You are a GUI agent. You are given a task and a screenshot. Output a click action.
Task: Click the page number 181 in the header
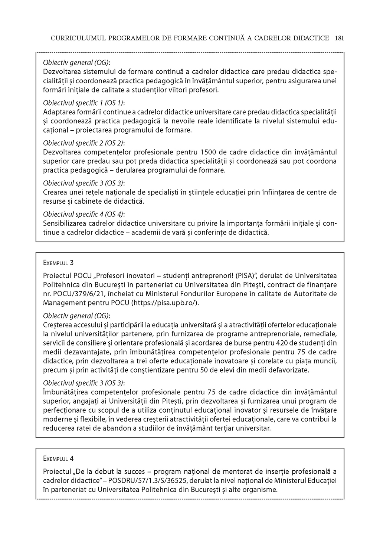[339, 38]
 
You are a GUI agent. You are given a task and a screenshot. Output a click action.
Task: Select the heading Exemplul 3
[58, 263]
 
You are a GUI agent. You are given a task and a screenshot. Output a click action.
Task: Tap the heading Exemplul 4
[58, 458]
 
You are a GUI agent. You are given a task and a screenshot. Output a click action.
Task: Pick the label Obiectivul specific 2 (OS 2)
[84, 143]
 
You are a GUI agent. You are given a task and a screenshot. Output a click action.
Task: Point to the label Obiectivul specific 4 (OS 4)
[84, 214]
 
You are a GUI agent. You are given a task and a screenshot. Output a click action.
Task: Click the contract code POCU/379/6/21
[76, 294]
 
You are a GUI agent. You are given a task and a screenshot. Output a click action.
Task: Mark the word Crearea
[55, 192]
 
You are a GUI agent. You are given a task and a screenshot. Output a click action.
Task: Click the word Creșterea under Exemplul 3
[58, 325]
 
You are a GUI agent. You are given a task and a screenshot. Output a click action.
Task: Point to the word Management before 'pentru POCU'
[62, 303]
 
